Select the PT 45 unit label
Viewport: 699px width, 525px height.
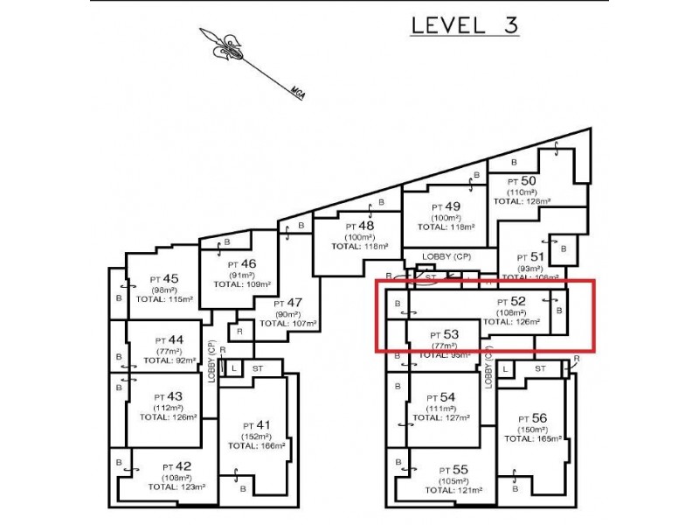point(163,278)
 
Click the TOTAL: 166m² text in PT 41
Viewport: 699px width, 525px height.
point(257,445)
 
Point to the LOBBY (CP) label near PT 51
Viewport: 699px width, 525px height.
point(446,255)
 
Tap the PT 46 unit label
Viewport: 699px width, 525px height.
point(242,262)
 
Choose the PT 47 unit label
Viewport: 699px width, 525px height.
point(288,303)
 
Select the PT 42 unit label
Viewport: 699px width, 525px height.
point(176,466)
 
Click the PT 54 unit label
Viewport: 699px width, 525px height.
point(441,397)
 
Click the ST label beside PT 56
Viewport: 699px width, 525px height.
point(540,368)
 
